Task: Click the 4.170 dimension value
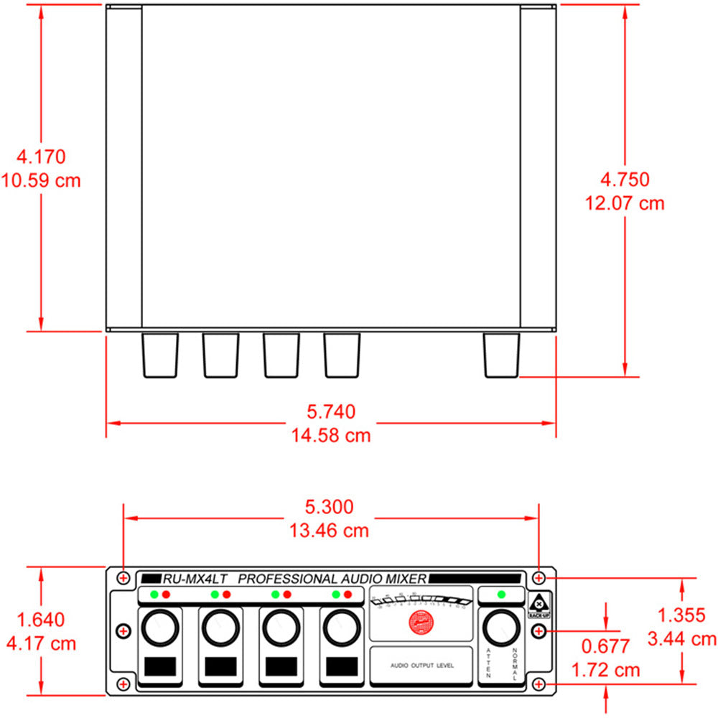click(41, 156)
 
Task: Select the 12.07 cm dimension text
click(625, 203)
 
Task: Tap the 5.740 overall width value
click(331, 411)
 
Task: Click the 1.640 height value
click(41, 619)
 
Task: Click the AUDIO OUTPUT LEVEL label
click(421, 666)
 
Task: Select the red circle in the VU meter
click(421, 623)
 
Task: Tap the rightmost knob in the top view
click(501, 355)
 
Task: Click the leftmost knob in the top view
click(159, 355)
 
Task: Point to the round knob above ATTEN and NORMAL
click(501, 629)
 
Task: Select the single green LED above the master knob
click(501, 595)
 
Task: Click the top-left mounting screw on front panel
click(124, 577)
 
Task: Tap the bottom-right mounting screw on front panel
click(539, 684)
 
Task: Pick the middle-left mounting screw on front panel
click(123, 630)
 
